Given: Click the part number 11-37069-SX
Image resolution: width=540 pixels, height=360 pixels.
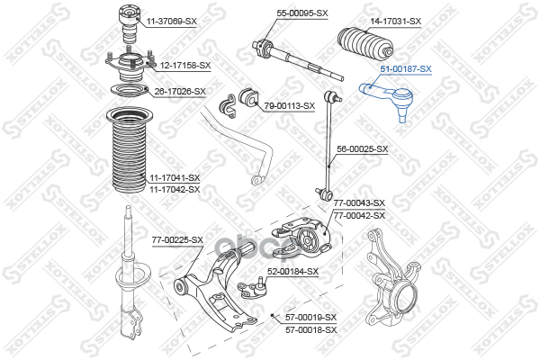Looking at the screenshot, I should pos(171,20).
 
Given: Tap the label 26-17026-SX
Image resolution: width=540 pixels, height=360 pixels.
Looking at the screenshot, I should pos(180,91).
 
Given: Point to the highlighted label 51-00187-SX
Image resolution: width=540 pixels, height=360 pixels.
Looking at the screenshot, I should pos(405,69).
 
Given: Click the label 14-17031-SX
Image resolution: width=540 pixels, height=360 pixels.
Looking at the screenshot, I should pos(396,20).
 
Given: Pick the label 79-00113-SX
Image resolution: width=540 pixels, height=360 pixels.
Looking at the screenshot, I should pos(289,105).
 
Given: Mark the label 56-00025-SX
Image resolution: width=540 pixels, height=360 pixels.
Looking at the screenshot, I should pos(362,148).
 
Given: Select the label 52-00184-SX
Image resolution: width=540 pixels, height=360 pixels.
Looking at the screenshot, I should pos(292,271).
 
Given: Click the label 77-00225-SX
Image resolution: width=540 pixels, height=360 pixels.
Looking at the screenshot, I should pos(177,239).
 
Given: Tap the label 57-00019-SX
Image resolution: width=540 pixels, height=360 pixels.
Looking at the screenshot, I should pos(310,318).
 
